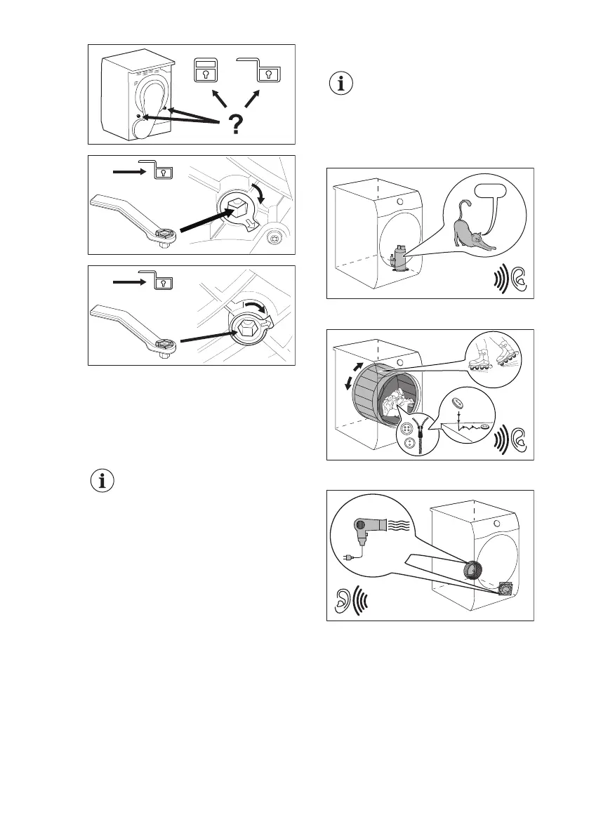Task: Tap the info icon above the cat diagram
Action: tap(343, 84)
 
